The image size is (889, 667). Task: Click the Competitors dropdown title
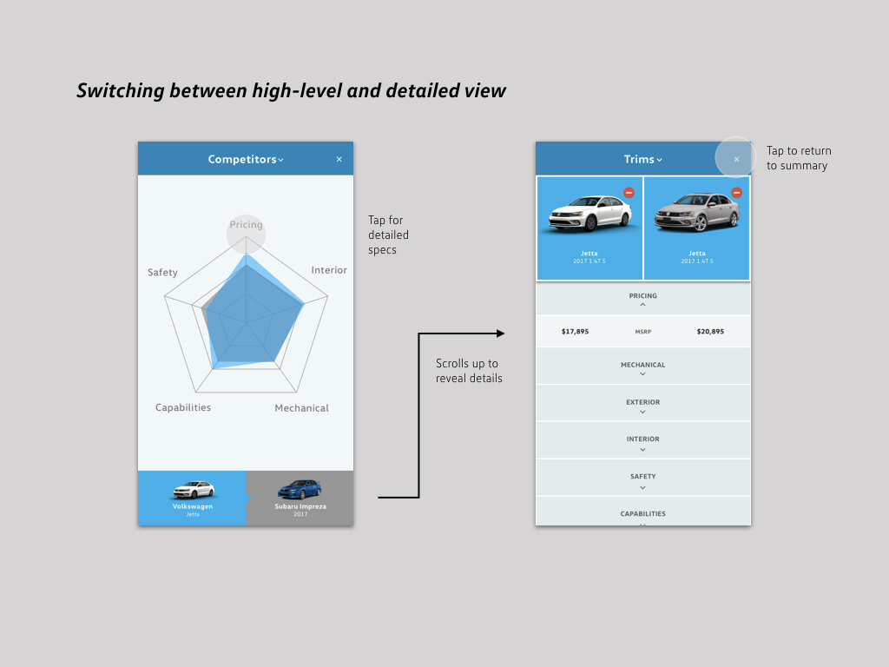tap(246, 159)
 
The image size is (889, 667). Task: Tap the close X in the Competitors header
tap(339, 159)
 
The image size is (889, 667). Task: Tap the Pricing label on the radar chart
tap(246, 225)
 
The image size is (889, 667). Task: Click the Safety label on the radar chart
tap(162, 273)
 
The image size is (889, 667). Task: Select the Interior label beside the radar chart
tap(329, 270)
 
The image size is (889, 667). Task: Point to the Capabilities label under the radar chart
tap(183, 407)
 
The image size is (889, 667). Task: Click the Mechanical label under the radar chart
tap(301, 408)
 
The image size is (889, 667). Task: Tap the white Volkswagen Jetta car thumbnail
tap(193, 490)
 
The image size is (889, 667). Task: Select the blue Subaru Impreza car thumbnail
tap(300, 489)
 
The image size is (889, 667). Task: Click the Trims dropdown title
tap(642, 159)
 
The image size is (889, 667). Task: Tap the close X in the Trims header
tap(736, 159)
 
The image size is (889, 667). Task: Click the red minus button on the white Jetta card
tap(629, 193)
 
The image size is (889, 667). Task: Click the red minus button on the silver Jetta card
tap(736, 193)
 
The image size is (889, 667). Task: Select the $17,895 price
tap(575, 332)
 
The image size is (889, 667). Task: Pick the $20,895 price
tap(710, 332)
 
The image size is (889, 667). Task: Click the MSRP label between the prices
tap(642, 332)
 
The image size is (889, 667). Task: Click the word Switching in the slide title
tap(119, 90)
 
